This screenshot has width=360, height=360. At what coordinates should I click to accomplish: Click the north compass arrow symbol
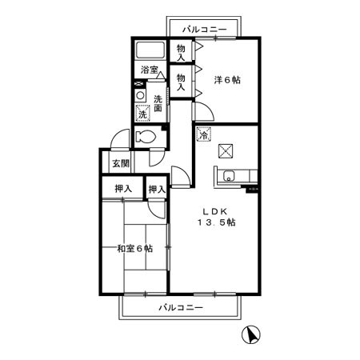(x=251, y=334)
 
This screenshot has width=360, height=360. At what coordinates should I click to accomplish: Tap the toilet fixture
(x=146, y=137)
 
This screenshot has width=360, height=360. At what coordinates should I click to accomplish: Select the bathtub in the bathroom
(x=150, y=50)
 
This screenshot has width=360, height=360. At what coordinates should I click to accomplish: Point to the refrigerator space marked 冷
(x=204, y=134)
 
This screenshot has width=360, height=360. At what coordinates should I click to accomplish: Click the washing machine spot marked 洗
(x=142, y=114)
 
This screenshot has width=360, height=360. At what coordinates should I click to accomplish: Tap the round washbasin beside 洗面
(x=140, y=95)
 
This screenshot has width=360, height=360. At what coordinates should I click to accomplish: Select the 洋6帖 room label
(x=227, y=80)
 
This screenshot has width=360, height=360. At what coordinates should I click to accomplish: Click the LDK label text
(x=215, y=212)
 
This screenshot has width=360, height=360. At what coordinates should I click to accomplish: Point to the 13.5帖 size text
(x=217, y=222)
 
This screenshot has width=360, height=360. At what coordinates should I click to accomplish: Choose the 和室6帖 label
(x=135, y=249)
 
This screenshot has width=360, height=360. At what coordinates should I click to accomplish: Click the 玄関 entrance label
(x=121, y=163)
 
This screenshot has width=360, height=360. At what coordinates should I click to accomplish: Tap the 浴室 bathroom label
(x=150, y=70)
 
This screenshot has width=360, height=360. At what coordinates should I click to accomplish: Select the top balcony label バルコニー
(x=205, y=30)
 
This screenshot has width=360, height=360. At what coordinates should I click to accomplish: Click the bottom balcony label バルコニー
(x=181, y=308)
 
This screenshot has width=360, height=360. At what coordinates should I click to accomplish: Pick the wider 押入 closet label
(x=123, y=189)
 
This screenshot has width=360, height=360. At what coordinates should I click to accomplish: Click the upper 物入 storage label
(x=181, y=53)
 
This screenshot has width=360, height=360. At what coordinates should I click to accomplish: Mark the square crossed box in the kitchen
(x=226, y=151)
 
